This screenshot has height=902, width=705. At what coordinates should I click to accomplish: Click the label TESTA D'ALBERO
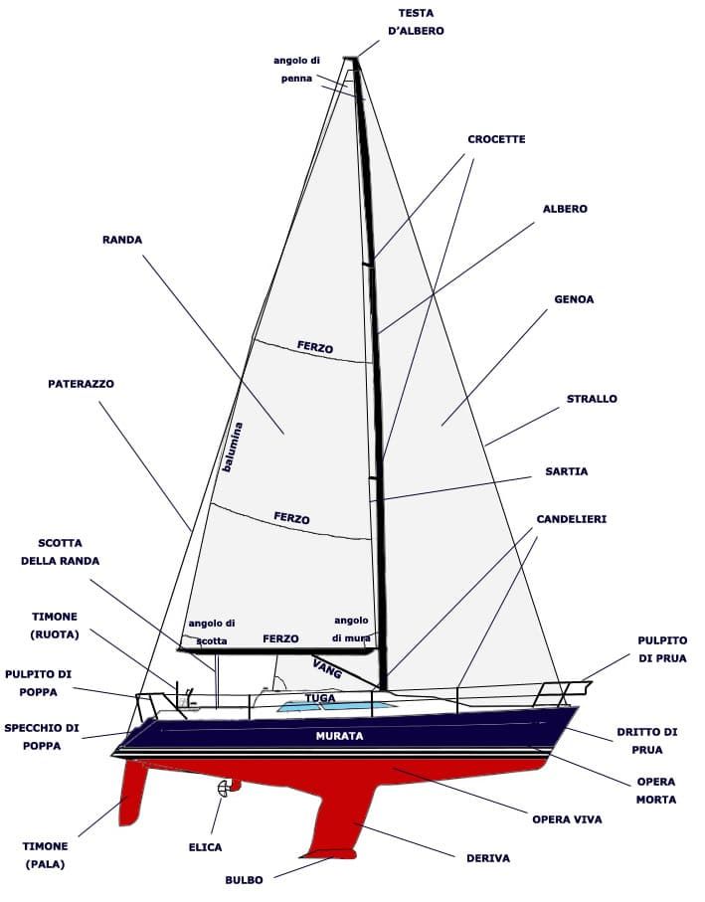416,22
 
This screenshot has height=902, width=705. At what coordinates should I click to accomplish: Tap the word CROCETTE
496,139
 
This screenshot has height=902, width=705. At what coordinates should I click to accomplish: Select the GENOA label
574,299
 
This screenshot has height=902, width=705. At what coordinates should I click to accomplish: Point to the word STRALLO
592,399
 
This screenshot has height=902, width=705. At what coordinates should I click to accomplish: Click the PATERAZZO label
82,384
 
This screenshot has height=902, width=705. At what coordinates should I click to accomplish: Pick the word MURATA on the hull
339,736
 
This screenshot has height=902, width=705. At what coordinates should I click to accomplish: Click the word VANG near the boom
328,669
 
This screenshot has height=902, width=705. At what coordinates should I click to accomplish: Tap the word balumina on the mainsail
233,447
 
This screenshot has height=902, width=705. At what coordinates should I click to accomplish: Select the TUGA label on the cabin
320,698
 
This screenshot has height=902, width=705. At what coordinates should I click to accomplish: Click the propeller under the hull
223,788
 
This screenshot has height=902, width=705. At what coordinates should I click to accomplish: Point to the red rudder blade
133,793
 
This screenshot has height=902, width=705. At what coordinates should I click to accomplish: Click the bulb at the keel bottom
331,853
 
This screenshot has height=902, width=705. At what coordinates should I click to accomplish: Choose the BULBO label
244,880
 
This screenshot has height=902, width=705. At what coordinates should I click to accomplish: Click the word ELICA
205,847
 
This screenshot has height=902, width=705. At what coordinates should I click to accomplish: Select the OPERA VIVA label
567,819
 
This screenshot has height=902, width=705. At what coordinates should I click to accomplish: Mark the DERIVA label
488,858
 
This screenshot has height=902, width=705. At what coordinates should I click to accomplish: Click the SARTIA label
567,471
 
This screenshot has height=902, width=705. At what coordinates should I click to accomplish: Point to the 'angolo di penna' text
296,69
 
